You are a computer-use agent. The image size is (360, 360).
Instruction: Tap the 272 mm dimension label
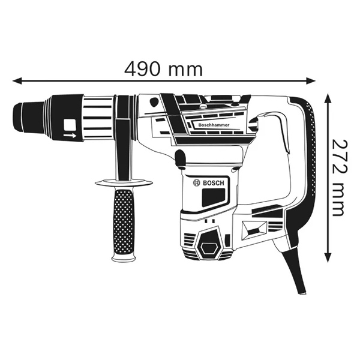[x=339, y=178]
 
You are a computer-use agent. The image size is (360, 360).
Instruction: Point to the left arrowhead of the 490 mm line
[x=17, y=79]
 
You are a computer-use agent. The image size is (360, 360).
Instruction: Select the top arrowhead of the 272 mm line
[x=328, y=98]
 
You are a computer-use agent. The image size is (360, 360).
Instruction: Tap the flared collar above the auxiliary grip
[x=124, y=182]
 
